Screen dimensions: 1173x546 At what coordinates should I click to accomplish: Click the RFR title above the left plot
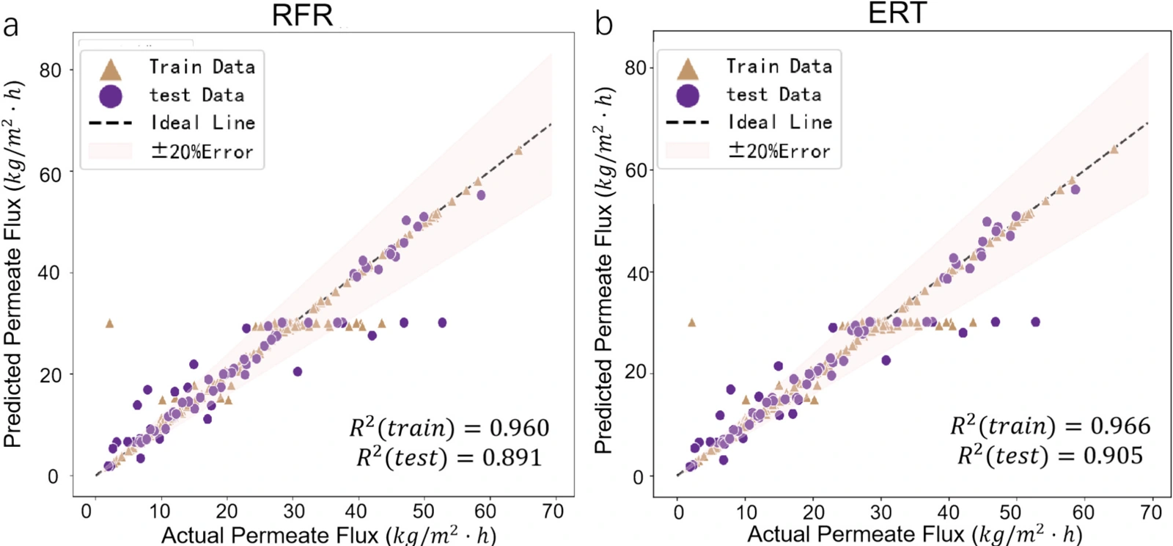pos(302,15)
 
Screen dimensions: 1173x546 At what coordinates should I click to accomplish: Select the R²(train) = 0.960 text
pos(449,428)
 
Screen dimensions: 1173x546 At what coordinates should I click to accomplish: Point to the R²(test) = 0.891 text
pos(449,457)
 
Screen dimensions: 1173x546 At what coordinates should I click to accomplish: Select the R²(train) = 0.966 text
pos(1051,426)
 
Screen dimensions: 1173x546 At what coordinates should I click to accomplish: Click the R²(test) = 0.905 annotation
pos(1051,455)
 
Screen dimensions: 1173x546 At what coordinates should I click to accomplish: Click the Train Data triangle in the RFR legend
pos(111,70)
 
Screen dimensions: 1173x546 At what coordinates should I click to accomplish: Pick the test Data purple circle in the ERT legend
pos(688,96)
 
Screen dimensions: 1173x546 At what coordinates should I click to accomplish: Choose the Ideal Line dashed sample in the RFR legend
pos(111,124)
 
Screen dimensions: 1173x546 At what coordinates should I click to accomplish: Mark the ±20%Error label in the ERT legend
pos(779,151)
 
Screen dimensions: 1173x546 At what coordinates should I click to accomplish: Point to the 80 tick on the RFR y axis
pos(51,70)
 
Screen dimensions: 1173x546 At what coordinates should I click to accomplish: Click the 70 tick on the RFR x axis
pos(553,511)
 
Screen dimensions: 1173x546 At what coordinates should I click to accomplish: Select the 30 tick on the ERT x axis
pos(880,511)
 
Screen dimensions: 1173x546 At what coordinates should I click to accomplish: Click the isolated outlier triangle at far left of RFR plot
pos(109,324)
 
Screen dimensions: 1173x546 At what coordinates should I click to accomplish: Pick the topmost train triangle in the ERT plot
pos(1114,149)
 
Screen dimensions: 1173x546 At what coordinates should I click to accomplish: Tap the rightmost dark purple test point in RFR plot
pos(443,322)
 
